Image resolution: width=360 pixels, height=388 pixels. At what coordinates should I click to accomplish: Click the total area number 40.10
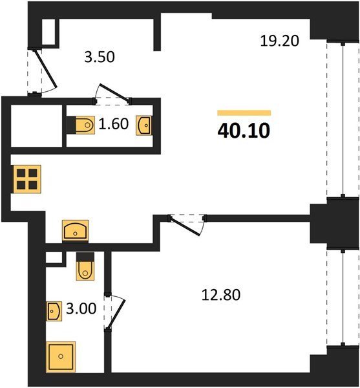point(244,131)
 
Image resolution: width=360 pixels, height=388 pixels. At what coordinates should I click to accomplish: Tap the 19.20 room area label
point(280,41)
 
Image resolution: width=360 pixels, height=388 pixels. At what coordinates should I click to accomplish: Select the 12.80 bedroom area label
point(221,295)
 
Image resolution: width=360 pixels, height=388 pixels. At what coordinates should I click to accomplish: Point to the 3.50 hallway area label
point(100,57)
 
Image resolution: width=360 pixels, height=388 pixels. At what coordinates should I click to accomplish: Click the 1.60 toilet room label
point(114,124)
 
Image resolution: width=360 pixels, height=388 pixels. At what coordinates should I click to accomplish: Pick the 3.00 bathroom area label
point(81,309)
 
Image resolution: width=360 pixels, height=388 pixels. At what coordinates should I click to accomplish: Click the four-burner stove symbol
point(27,179)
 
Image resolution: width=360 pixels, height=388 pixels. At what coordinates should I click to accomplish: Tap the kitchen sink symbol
point(76,230)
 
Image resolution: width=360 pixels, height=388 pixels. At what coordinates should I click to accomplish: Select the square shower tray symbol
point(61,357)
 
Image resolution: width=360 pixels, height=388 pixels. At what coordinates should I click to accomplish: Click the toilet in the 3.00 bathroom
point(85,266)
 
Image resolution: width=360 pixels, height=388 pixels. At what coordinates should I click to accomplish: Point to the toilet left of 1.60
point(81,125)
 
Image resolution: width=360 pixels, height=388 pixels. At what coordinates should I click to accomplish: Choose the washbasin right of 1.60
point(143,125)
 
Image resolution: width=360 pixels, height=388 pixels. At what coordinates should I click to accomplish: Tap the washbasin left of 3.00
point(54,311)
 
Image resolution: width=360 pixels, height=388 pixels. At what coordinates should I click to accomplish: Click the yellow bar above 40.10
point(244,113)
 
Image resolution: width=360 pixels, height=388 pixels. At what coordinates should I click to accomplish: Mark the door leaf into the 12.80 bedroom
point(185,226)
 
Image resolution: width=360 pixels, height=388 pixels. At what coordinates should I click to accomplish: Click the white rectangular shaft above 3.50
point(48,32)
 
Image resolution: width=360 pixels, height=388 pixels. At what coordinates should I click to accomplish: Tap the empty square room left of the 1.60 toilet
point(36,125)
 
